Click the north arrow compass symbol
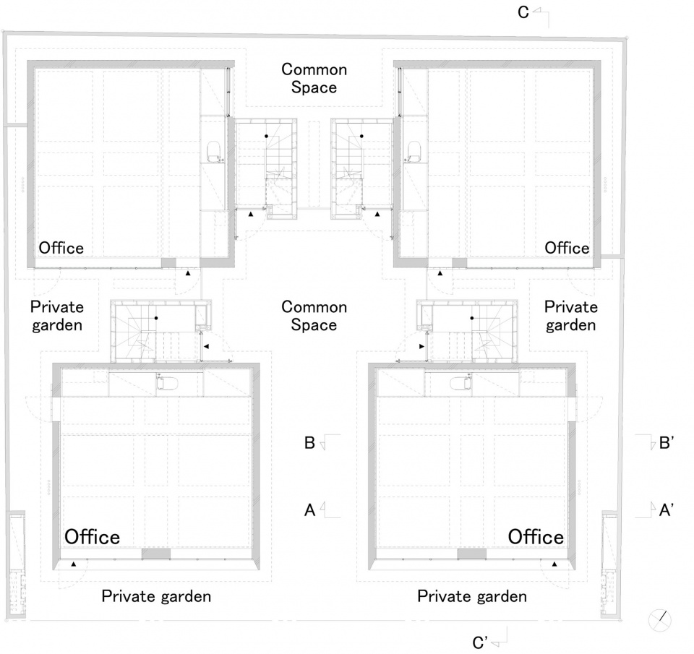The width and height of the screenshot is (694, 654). pyautogui.click(x=659, y=620)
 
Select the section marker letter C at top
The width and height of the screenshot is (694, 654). pyautogui.click(x=523, y=12)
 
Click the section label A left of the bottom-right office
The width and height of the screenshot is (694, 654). pyautogui.click(x=309, y=510)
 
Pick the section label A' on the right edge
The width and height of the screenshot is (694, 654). pyautogui.click(x=666, y=510)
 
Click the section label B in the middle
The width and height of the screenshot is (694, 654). pyautogui.click(x=309, y=443)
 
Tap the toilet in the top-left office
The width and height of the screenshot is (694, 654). pyautogui.click(x=215, y=152)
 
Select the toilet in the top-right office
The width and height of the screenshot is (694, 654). pyautogui.click(x=414, y=152)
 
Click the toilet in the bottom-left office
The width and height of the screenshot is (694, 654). pyautogui.click(x=167, y=382)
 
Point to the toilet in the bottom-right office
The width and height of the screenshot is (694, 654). pyautogui.click(x=461, y=382)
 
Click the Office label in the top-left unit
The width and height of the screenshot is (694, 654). pyautogui.click(x=61, y=248)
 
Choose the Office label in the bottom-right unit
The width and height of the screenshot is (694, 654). pyautogui.click(x=536, y=537)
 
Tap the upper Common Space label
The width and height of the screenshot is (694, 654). pyautogui.click(x=314, y=78)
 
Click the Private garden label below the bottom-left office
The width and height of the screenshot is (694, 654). pyautogui.click(x=156, y=596)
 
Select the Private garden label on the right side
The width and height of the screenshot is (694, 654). pyautogui.click(x=571, y=316)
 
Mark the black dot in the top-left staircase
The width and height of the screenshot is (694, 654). pyautogui.click(x=267, y=137)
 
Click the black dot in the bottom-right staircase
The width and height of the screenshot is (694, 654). pyautogui.click(x=472, y=318)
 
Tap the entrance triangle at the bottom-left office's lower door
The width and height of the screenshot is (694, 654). pyautogui.click(x=74, y=564)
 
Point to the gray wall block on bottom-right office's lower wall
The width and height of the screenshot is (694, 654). pyautogui.click(x=472, y=554)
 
